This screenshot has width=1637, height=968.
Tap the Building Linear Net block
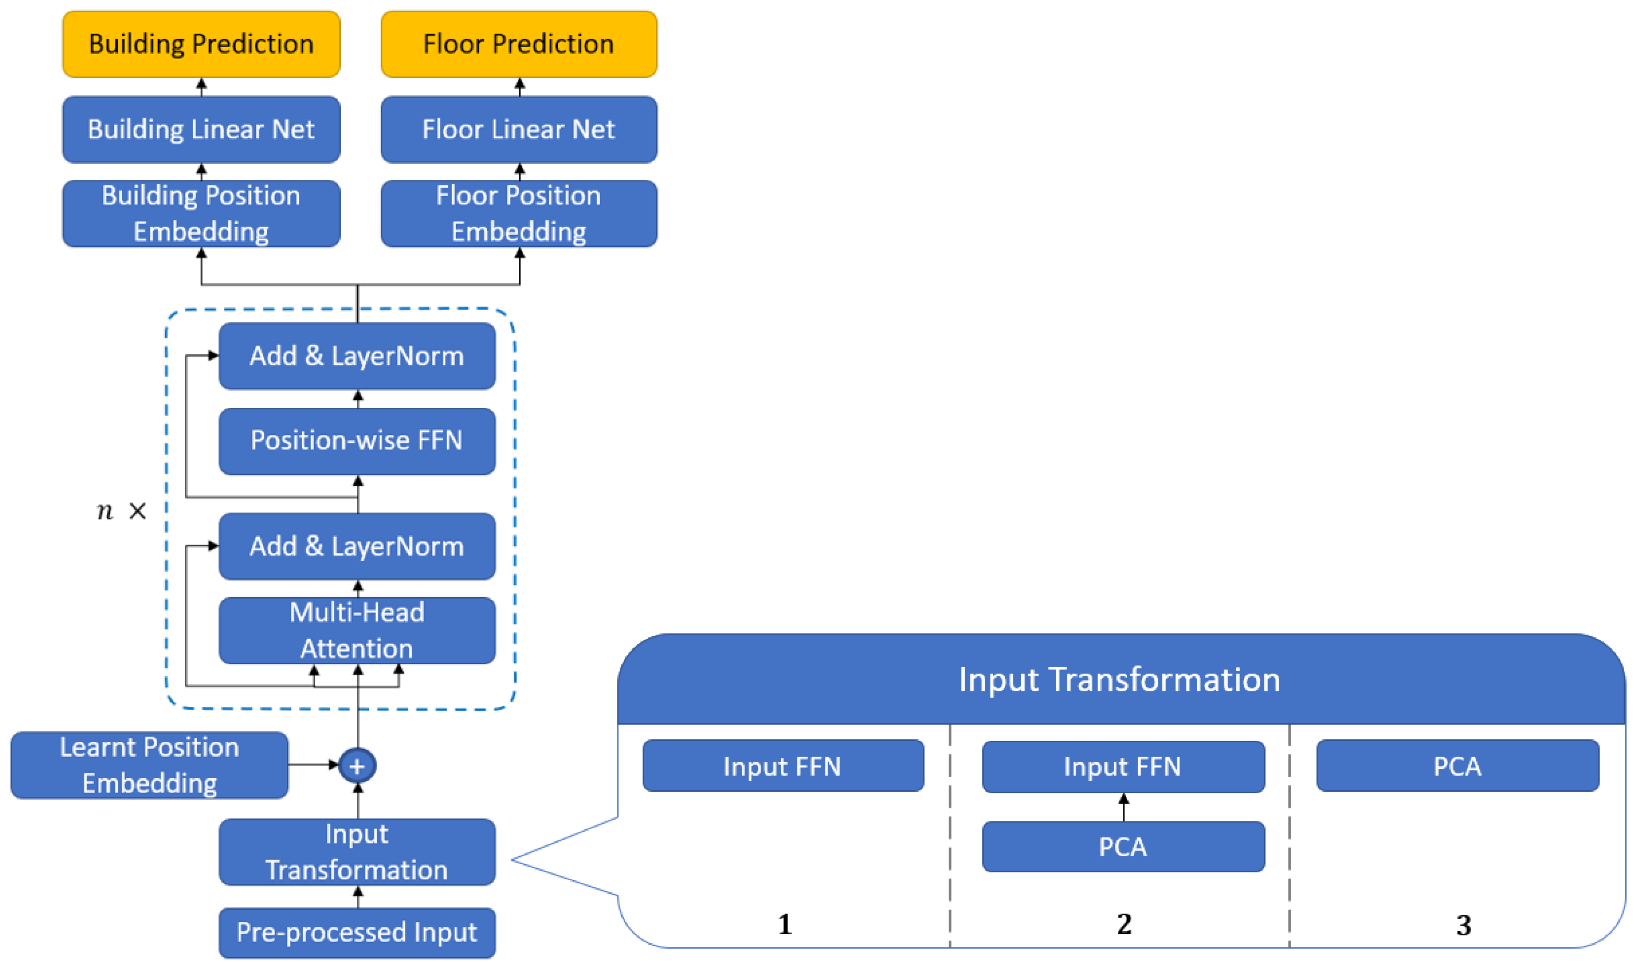[201, 129]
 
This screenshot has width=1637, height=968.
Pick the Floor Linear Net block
[519, 129]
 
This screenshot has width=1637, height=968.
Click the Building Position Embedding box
[201, 213]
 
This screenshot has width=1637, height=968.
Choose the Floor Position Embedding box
[519, 213]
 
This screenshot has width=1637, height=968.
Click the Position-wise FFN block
[357, 441]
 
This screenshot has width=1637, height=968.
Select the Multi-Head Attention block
[357, 630]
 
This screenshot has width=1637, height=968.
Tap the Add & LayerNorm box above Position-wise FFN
[357, 356]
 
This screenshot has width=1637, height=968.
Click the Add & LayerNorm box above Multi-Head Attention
[357, 546]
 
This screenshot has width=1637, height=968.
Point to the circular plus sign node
[357, 766]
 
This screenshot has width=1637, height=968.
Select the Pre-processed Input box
[357, 932]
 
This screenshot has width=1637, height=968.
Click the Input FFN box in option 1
[783, 766]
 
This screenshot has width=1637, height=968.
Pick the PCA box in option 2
[1123, 847]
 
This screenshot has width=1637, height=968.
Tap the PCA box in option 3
[1457, 766]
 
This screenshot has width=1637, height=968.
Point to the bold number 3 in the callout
[1464, 925]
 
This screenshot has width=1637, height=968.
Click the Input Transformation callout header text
[1119, 680]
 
